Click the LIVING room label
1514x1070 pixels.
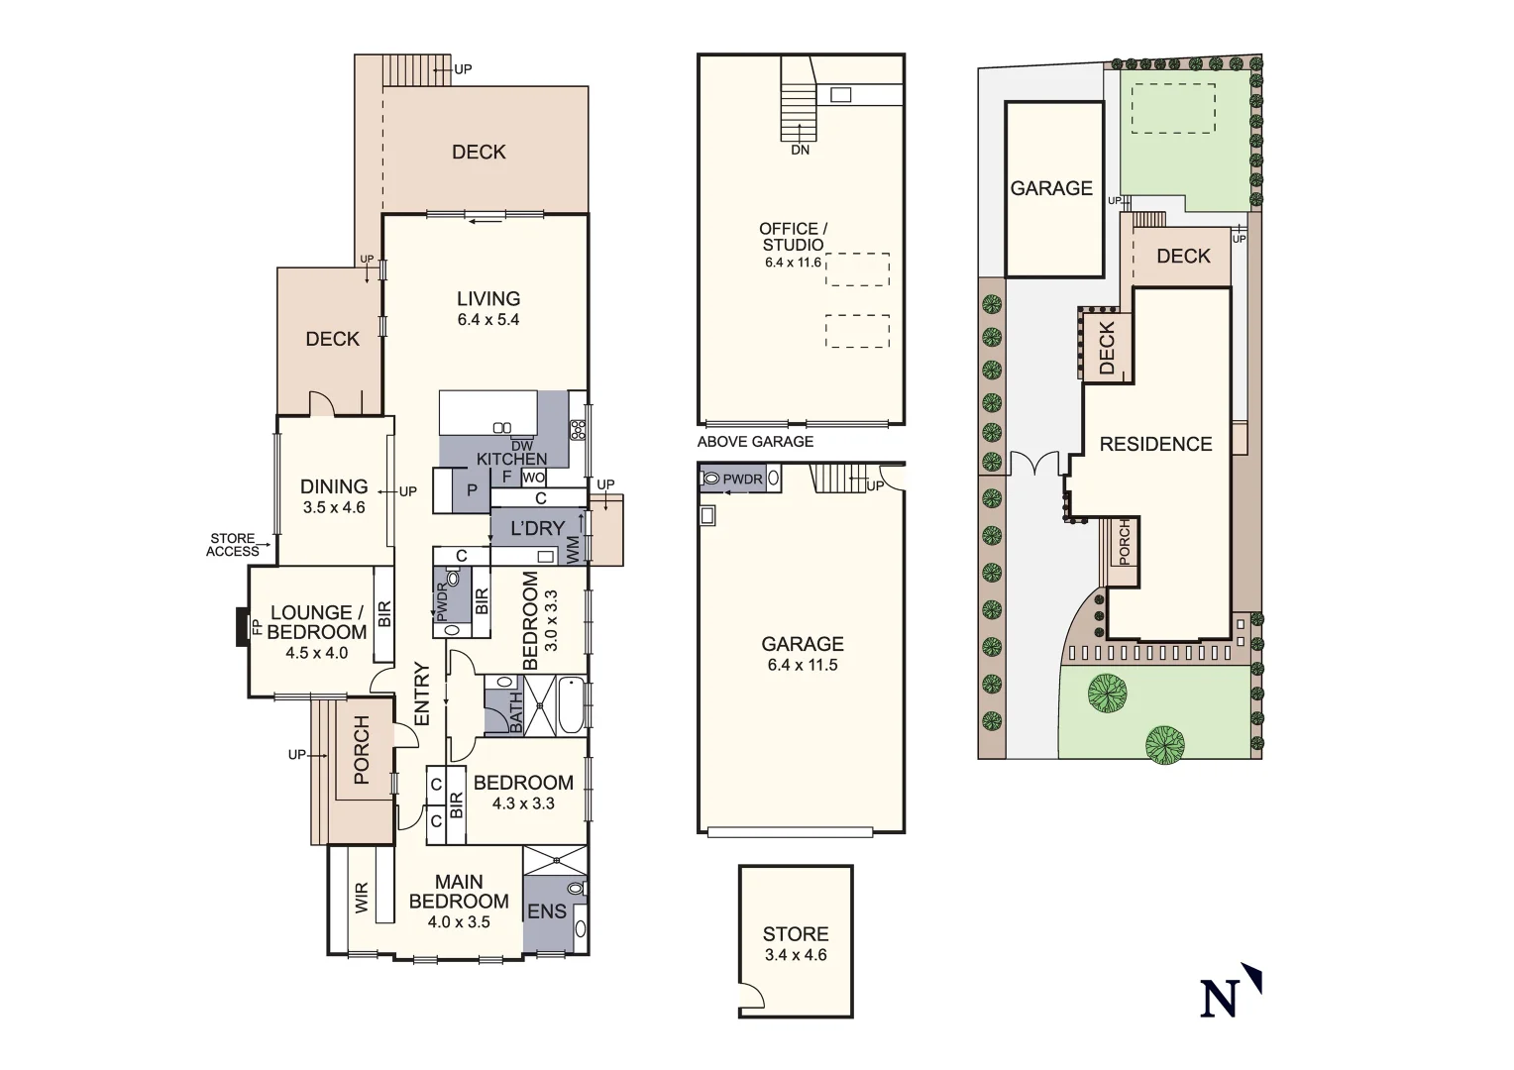487,298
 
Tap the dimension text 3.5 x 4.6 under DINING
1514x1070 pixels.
334,507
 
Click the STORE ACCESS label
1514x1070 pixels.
233,545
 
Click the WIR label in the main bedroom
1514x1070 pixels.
362,898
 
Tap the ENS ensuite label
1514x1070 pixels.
546,910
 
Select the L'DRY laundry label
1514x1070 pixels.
537,528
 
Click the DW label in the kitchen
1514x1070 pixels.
522,446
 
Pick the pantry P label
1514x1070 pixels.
473,490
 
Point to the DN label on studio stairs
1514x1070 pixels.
800,150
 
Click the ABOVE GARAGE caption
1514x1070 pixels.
755,442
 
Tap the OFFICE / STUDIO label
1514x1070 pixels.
794,236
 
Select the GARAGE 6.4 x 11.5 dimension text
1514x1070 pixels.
802,665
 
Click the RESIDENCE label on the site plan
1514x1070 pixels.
1155,444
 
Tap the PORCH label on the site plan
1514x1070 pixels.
1124,542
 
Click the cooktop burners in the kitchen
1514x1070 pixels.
578,430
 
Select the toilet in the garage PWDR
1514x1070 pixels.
710,480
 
